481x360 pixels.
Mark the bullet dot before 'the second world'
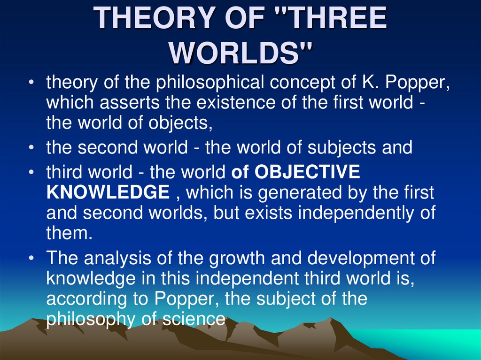coord(31,148)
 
